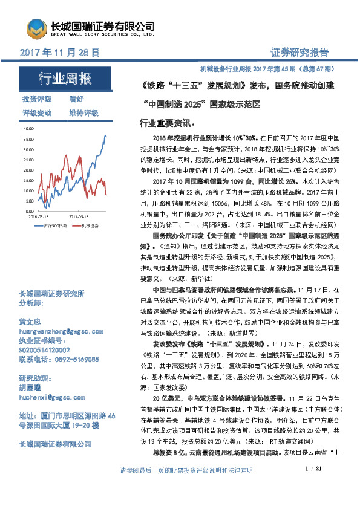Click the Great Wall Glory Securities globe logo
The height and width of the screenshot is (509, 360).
coord(36,28)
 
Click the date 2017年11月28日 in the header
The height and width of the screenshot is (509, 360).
coord(60,53)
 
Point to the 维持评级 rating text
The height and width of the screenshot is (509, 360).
coord(83,113)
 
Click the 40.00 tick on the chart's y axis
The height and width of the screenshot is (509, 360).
coord(28,128)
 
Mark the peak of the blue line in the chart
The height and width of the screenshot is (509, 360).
coord(105,136)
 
